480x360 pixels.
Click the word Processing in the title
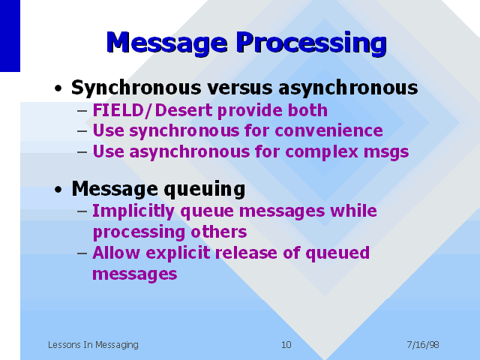coord(311,43)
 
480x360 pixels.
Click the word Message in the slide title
coord(166,43)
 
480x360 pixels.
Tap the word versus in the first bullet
coord(240,88)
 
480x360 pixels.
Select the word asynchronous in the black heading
coord(348,88)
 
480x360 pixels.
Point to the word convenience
coord(328,130)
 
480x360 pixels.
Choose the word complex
coord(322,152)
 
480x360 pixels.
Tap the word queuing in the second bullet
coord(205,190)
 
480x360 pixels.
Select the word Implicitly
coord(133,211)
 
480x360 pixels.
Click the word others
coord(218,232)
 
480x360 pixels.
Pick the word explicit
coord(178,253)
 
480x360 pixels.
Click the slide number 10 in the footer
coord(286,345)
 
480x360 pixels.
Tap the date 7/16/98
coord(423,345)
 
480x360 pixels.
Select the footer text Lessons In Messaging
coord(93,345)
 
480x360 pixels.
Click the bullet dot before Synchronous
coord(58,88)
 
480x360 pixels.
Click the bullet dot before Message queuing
coord(58,190)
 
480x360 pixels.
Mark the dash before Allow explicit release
coord(82,253)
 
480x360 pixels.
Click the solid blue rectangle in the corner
coord(10,36)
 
